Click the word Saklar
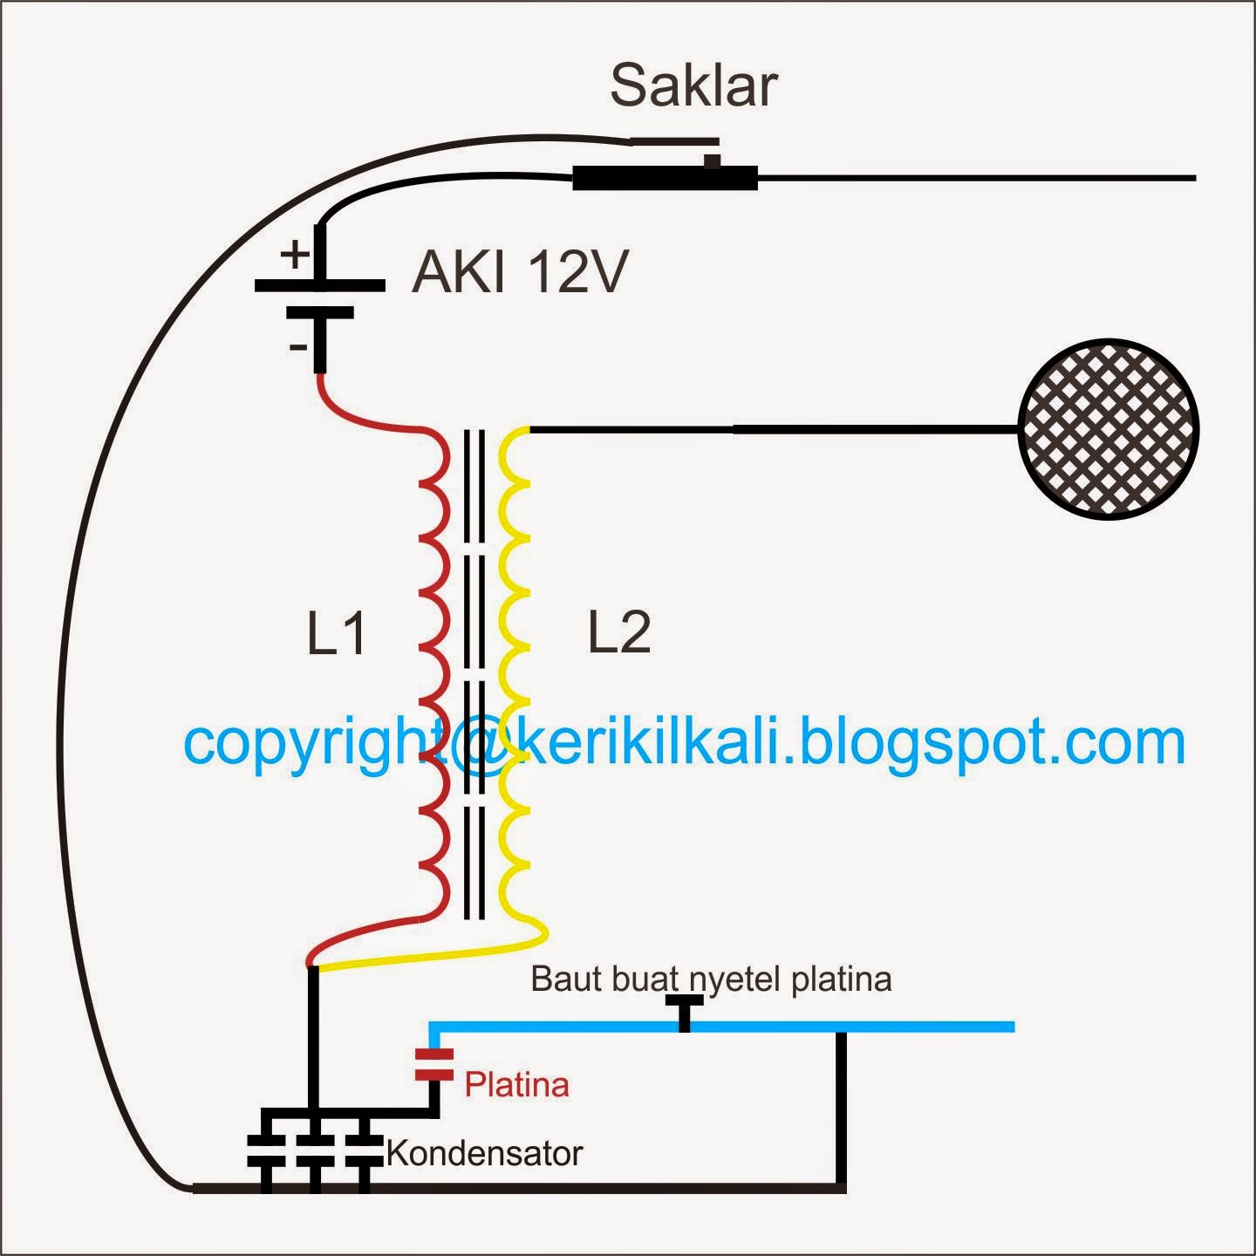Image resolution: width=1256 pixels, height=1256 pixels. [x=693, y=85]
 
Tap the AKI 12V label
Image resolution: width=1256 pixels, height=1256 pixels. [x=520, y=271]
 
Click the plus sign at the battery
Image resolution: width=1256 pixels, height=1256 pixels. [x=296, y=256]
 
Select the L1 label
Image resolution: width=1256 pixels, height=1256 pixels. [x=337, y=633]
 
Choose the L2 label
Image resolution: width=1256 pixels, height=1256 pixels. [x=619, y=633]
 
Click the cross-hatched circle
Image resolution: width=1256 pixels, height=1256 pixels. [x=1109, y=428]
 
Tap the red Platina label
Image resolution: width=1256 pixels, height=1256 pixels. [x=516, y=1085]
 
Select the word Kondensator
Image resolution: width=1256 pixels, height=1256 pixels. [x=484, y=1153]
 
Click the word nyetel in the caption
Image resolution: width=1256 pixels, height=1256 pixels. [x=736, y=980]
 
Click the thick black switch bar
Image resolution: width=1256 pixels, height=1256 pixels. [x=665, y=179]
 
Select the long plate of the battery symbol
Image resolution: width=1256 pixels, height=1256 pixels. [x=319, y=285]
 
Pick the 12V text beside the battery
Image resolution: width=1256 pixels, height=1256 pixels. [x=576, y=271]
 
